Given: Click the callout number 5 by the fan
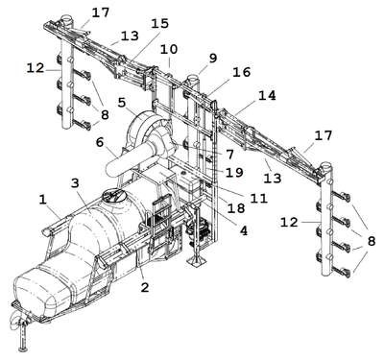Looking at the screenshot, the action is [x=122, y=103].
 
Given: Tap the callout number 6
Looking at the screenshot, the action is [x=100, y=142].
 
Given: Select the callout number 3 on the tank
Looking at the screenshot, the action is [x=75, y=183].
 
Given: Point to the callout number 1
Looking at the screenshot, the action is [x=43, y=200].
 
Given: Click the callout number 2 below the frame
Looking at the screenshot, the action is [x=145, y=287].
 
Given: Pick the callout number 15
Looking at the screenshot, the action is [x=159, y=23].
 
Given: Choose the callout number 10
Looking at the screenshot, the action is [x=169, y=50].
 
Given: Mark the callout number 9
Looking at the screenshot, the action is [x=213, y=59].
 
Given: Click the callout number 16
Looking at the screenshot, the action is [x=242, y=72].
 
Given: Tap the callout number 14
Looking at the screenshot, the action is [x=267, y=95].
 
